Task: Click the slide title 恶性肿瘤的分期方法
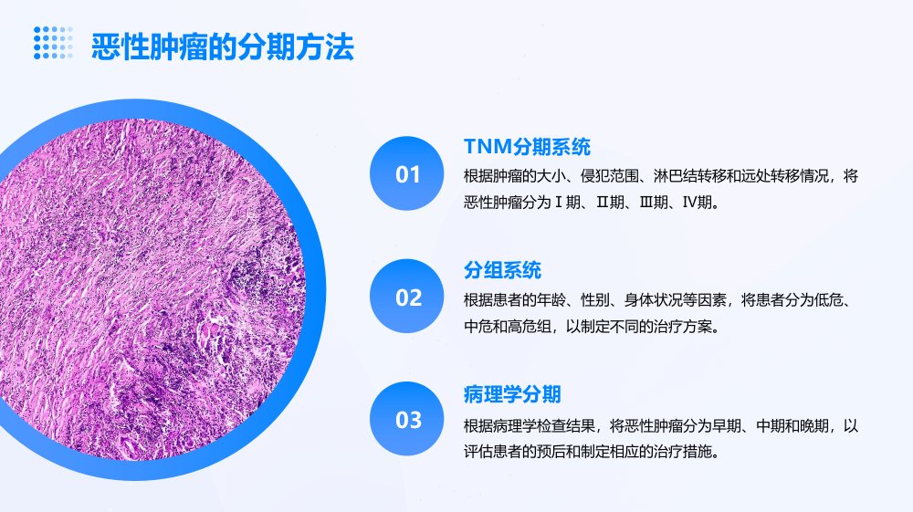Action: coord(223,47)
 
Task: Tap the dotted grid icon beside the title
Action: coord(53,43)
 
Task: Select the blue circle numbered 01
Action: coord(407,173)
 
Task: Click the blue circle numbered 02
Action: coord(407,296)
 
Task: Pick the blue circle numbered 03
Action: coord(407,419)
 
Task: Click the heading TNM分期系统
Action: coord(527,147)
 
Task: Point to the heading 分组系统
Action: coord(502,270)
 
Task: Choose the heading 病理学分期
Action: coord(512,394)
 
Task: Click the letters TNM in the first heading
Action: coord(488,147)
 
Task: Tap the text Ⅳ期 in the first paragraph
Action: coord(698,203)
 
